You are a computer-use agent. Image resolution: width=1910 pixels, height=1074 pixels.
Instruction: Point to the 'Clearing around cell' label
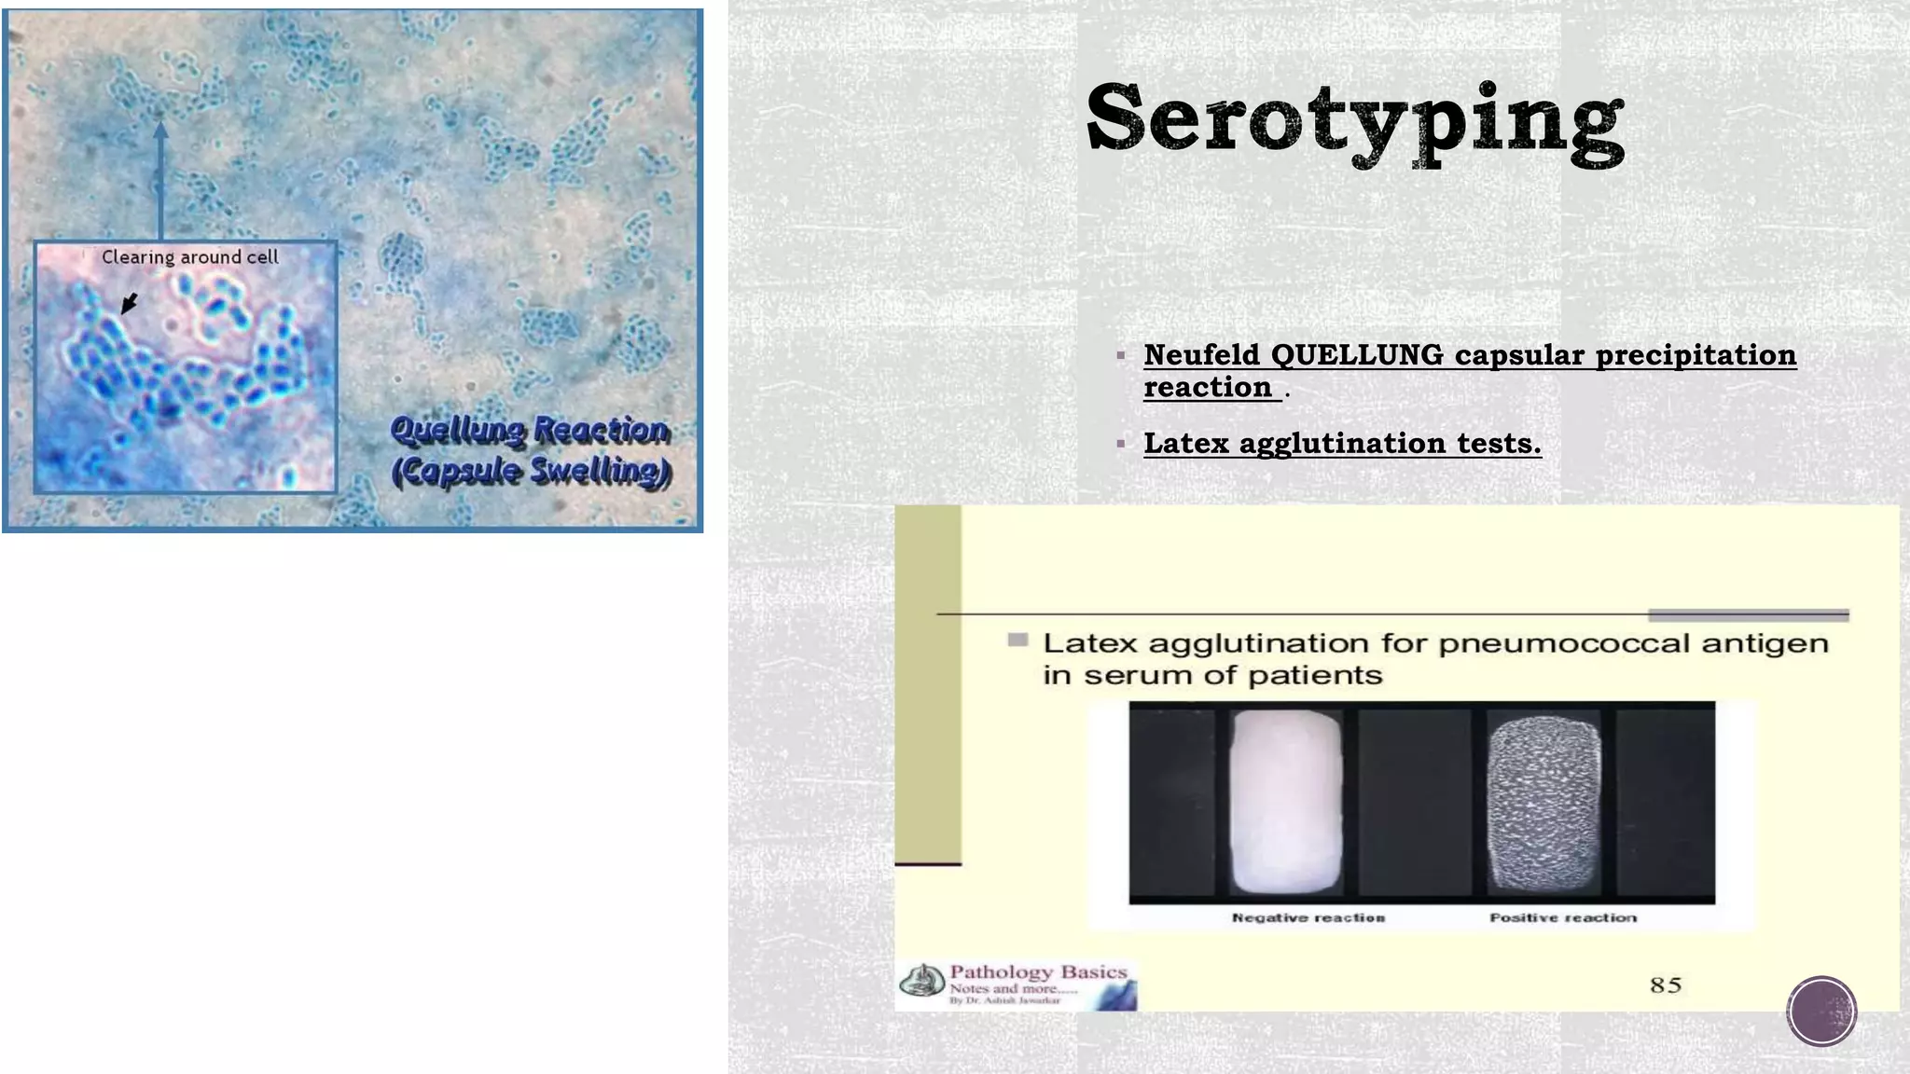189,257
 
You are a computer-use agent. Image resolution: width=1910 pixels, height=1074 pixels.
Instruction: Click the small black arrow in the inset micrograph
130,304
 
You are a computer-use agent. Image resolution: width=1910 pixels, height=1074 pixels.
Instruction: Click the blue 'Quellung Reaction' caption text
529,430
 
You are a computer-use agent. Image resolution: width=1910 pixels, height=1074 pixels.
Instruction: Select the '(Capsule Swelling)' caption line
531,471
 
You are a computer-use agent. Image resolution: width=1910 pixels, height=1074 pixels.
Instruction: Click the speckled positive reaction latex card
1543,802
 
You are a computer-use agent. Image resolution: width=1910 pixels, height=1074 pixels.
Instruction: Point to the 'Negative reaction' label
1308,918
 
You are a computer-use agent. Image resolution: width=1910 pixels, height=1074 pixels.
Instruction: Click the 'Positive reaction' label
1563,918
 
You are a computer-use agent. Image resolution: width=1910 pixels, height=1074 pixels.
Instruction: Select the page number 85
1666,985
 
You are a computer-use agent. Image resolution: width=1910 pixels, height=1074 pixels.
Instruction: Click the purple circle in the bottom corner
1821,1011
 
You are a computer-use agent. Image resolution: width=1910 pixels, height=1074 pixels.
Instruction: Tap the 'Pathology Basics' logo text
1037,972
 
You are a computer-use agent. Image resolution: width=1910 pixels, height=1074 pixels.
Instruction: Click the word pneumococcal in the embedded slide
1584,643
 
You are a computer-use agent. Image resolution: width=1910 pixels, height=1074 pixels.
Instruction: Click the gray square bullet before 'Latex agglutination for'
1018,640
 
